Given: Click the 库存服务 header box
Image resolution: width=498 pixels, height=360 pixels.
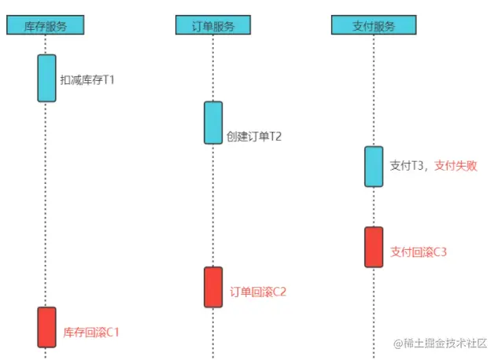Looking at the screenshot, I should pyautogui.click(x=46, y=25).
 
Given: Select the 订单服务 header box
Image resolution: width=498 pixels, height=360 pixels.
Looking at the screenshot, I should pyautogui.click(x=213, y=25).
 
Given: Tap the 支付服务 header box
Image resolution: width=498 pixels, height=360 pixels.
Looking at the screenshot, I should pyautogui.click(x=374, y=25).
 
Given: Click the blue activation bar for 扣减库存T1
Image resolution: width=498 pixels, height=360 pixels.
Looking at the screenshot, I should pyautogui.click(x=46, y=78).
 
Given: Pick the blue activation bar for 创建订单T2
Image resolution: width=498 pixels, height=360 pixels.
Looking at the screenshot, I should pyautogui.click(x=213, y=123).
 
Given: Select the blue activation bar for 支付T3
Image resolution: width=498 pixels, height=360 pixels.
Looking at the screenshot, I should pyautogui.click(x=374, y=167).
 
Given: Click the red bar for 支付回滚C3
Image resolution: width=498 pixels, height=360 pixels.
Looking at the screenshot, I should pyautogui.click(x=374, y=247).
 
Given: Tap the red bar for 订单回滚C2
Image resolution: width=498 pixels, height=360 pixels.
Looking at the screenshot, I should pyautogui.click(x=213, y=287).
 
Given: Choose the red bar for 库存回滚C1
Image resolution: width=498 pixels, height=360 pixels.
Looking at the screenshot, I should pyautogui.click(x=46, y=327).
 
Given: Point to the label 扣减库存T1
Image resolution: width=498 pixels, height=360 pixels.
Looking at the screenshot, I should pyautogui.click(x=87, y=79).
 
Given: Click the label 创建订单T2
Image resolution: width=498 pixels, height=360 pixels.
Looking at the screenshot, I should pyautogui.click(x=253, y=136).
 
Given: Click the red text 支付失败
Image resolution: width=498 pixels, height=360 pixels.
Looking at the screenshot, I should pyautogui.click(x=456, y=166).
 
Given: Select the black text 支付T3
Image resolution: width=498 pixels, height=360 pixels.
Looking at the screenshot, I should pyautogui.click(x=408, y=166).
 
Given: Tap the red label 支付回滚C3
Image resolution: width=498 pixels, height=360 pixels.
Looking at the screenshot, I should pyautogui.click(x=419, y=252).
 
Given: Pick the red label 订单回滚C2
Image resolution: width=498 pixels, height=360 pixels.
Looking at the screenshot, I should pyautogui.click(x=258, y=292).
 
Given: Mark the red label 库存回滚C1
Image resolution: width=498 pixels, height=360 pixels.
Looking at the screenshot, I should pyautogui.click(x=91, y=332).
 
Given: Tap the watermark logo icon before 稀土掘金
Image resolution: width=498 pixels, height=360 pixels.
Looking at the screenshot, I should pyautogui.click(x=398, y=343).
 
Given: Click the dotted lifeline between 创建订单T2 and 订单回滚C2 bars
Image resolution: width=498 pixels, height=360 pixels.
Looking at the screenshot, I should pyautogui.click(x=213, y=204).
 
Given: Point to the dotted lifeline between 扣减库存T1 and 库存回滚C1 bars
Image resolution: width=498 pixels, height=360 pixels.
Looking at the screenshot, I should pyautogui.click(x=46, y=204).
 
